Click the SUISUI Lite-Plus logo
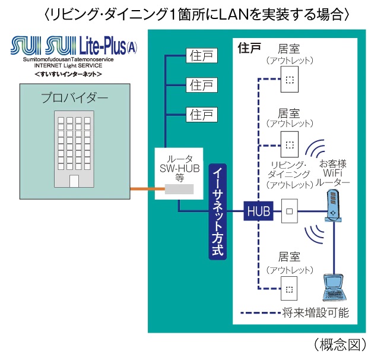pos(74,46)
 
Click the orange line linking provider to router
pos(142,190)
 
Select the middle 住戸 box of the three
pos(201,84)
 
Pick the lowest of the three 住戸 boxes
pos(201,113)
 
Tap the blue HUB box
pos(259,210)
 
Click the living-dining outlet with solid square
pos(289,210)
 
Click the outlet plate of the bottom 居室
pos(289,289)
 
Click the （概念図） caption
pos(336,344)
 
